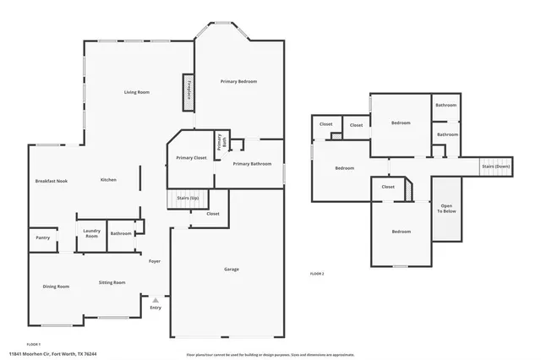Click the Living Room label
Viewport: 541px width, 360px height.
pyautogui.click(x=136, y=91)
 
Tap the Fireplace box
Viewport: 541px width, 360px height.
pyautogui.click(x=189, y=91)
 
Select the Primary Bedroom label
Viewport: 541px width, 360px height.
pyautogui.click(x=238, y=81)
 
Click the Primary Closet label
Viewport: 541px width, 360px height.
pyautogui.click(x=191, y=158)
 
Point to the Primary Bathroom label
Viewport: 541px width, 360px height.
pyautogui.click(x=252, y=163)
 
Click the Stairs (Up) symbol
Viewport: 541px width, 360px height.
pyautogui.click(x=188, y=199)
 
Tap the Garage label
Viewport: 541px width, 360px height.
pyautogui.click(x=231, y=269)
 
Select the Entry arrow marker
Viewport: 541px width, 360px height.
pyautogui.click(x=155, y=298)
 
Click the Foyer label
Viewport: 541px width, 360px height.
pyautogui.click(x=155, y=261)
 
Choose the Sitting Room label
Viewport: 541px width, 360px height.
pyautogui.click(x=112, y=282)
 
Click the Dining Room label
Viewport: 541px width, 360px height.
pyautogui.click(x=56, y=286)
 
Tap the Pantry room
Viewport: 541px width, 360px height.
pyautogui.click(x=42, y=237)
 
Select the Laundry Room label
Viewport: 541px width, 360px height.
pyautogui.click(x=91, y=234)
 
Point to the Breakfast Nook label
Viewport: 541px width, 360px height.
pyautogui.click(x=51, y=181)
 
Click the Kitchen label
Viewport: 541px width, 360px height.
pyautogui.click(x=108, y=180)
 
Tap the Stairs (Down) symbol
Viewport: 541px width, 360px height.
pyautogui.click(x=497, y=166)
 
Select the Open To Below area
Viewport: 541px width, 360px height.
pyautogui.click(x=446, y=209)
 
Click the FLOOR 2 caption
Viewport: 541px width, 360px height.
pyautogui.click(x=317, y=274)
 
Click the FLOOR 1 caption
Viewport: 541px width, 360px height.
pyautogui.click(x=34, y=344)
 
